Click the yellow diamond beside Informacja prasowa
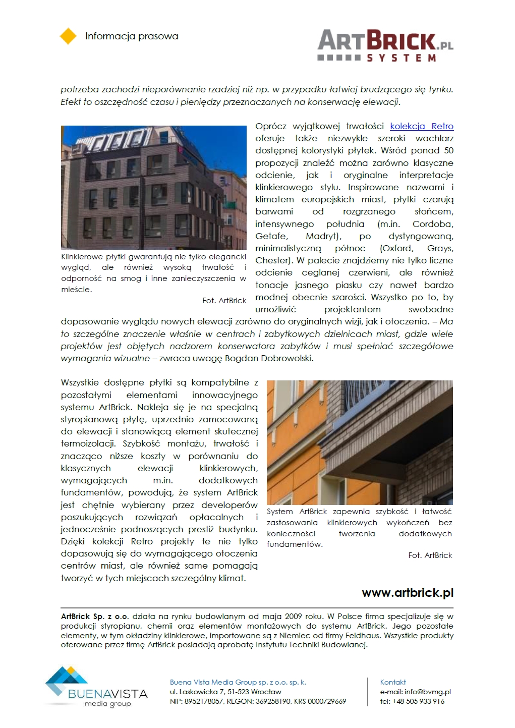tap(68, 36)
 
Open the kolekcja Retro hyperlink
tap(422, 126)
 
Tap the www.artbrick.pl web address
tap(408, 593)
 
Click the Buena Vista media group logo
tap(96, 687)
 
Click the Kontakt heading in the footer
tap(393, 682)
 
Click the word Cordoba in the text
tap(433, 224)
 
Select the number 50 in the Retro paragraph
tap(448, 150)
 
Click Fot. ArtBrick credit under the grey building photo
tap(224, 301)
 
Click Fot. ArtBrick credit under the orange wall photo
tap(430, 555)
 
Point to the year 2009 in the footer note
tap(294, 617)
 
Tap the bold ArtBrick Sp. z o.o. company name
tap(95, 617)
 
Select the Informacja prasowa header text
tap(132, 36)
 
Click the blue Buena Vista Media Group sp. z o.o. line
tap(238, 682)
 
